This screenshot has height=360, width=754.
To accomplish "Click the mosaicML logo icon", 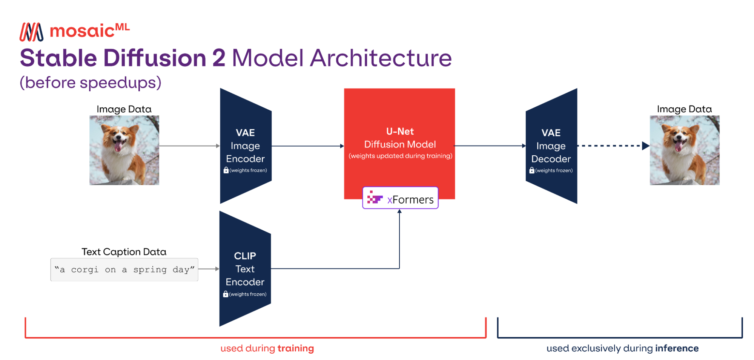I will (x=31, y=32).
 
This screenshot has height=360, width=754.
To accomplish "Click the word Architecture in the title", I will (x=381, y=58).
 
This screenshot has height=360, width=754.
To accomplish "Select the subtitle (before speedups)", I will (x=91, y=83).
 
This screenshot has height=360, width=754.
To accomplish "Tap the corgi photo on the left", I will (x=124, y=150).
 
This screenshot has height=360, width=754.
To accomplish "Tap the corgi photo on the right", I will (x=684, y=150).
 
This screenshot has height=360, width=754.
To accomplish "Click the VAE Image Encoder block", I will (x=246, y=146).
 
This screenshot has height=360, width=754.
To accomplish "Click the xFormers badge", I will (x=400, y=198).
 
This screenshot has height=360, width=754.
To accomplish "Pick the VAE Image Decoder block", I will (x=551, y=146).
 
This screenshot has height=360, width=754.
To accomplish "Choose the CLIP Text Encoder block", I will (x=245, y=269).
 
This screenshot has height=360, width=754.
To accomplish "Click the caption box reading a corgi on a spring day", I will (x=124, y=270).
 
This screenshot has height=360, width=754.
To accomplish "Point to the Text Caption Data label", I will (x=124, y=252).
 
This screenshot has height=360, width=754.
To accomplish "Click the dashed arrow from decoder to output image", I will (x=611, y=146).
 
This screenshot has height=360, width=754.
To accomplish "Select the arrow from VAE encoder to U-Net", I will (x=307, y=146).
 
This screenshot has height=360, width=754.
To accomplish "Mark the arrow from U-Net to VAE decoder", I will (x=490, y=146).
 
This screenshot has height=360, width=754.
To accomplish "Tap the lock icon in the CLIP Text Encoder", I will (x=226, y=294).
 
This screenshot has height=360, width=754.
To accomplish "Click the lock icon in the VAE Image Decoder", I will (x=532, y=170).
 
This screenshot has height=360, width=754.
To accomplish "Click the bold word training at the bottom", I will (x=296, y=348).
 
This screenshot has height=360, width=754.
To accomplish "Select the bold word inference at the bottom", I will (x=677, y=348).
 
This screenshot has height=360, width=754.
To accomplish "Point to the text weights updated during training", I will (x=400, y=156).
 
